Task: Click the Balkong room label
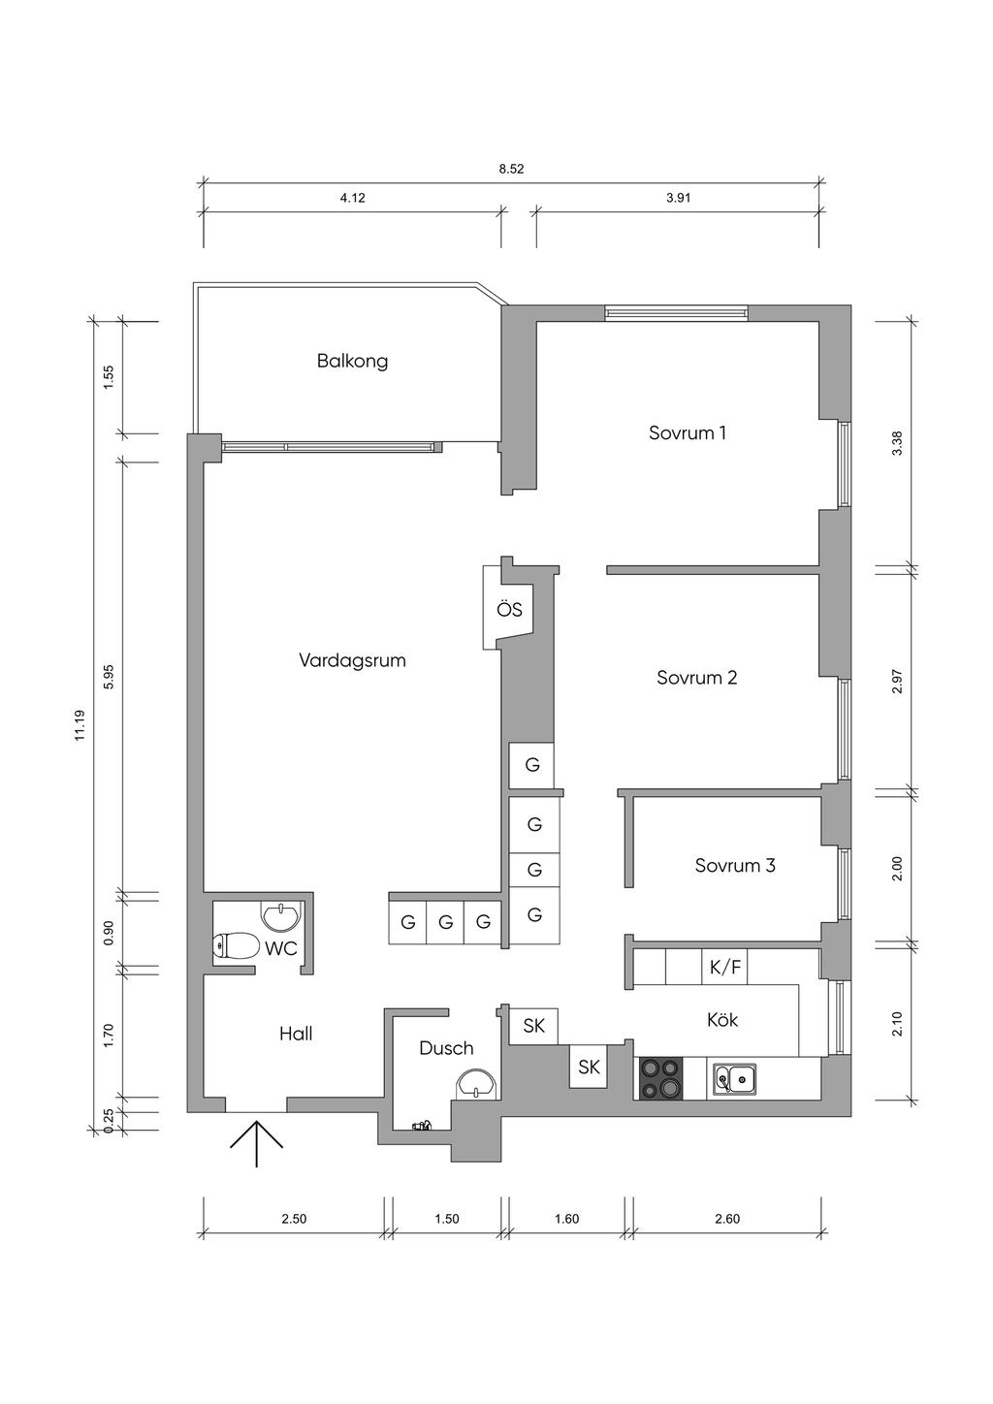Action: tap(352, 361)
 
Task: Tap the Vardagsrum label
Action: tap(352, 660)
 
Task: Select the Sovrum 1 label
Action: tap(687, 432)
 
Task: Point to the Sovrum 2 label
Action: tap(696, 677)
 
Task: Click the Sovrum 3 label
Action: tap(734, 865)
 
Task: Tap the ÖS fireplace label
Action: tap(509, 610)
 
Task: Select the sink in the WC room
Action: tap(281, 913)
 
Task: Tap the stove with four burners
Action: tap(658, 1077)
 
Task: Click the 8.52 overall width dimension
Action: tap(511, 169)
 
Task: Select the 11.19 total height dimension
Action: tap(80, 725)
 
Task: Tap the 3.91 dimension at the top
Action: tap(678, 197)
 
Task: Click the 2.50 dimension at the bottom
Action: tap(294, 1219)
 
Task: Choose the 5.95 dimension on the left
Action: tap(109, 675)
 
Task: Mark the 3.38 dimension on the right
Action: tap(897, 443)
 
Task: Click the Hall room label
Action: tap(296, 1034)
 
